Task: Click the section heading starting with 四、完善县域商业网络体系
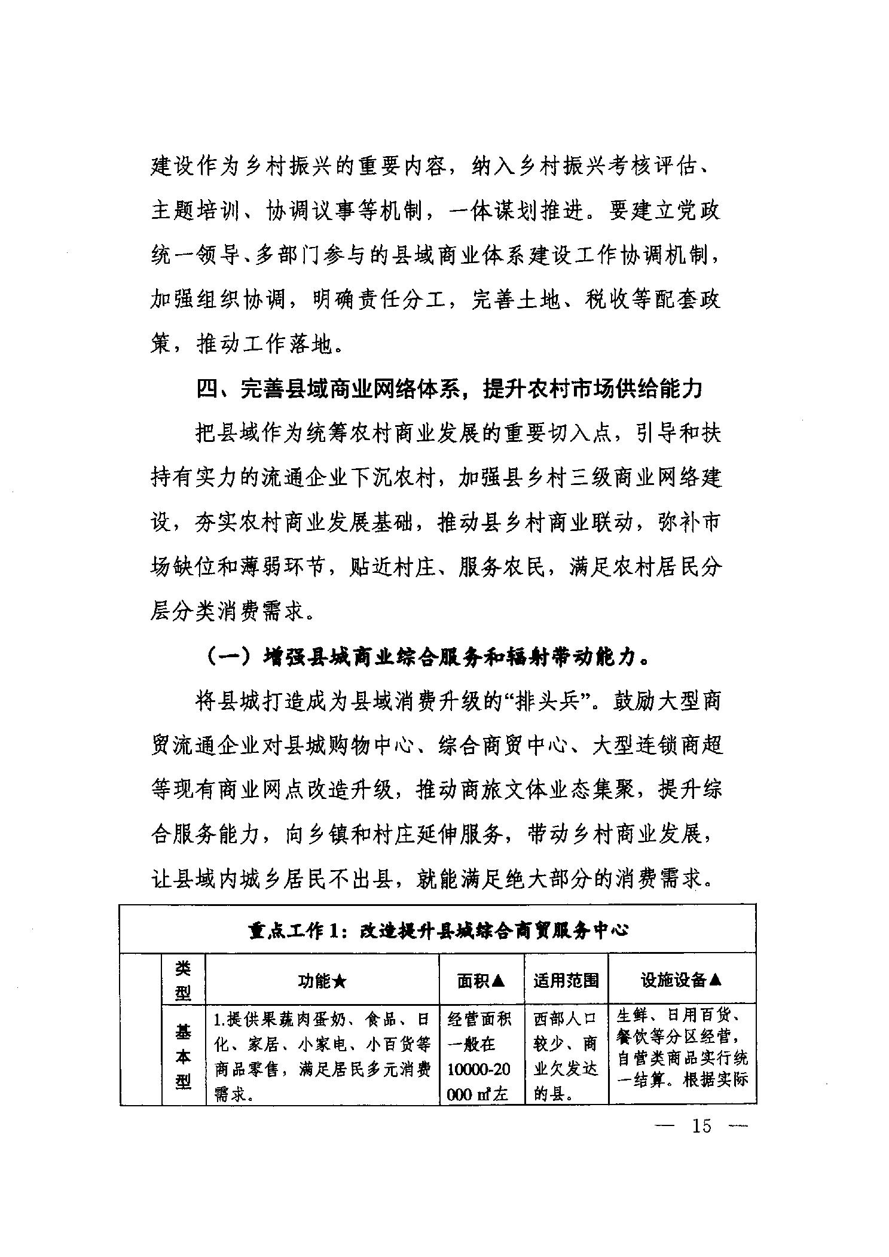449,390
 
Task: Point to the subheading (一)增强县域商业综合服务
427,657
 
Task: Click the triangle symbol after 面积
499,980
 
